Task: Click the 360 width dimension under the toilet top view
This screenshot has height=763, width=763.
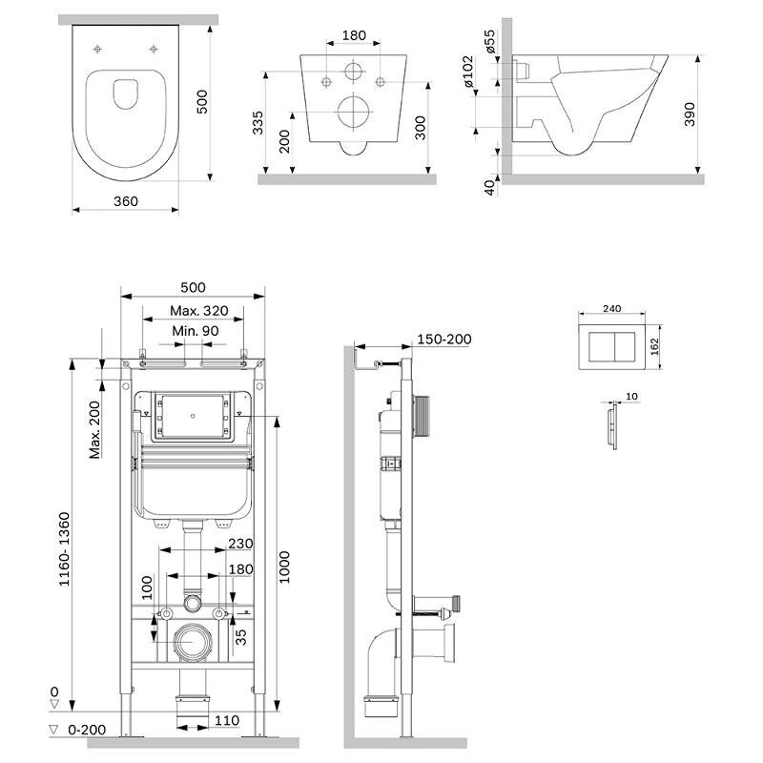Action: [126, 201]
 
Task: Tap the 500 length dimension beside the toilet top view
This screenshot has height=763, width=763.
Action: [201, 100]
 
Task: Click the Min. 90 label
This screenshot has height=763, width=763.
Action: [196, 331]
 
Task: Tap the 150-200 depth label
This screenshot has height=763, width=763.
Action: [443, 340]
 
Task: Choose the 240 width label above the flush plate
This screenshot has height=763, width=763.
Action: [614, 308]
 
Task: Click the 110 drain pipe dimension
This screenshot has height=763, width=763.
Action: [227, 721]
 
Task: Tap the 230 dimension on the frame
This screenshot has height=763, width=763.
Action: [240, 545]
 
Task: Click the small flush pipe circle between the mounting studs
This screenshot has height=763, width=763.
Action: [193, 603]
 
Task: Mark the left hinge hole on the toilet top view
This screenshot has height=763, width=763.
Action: [99, 49]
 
